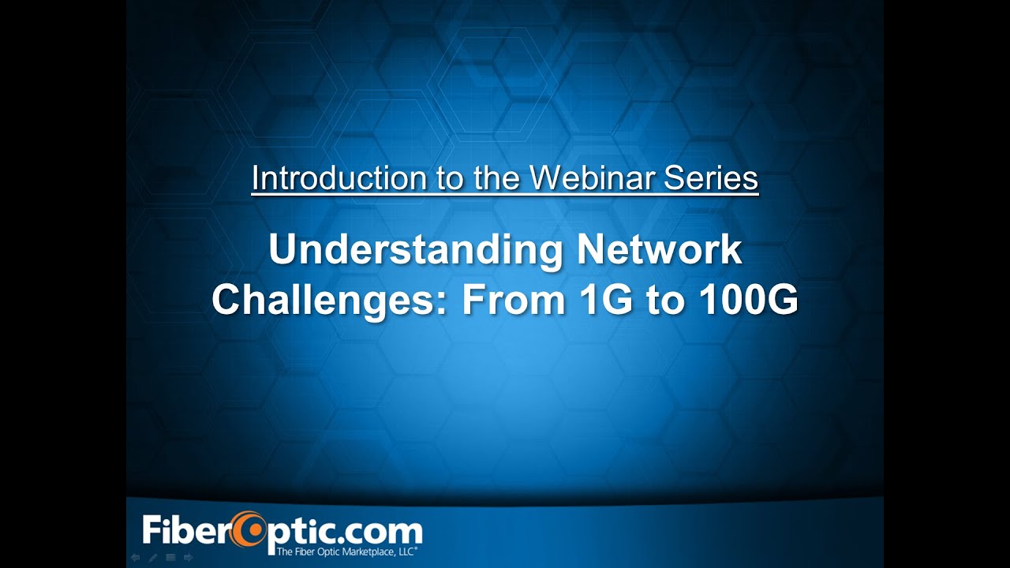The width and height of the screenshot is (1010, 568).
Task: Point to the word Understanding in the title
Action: (415, 251)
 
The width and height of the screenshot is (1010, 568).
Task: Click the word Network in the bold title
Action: (660, 251)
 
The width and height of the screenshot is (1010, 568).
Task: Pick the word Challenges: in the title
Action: (331, 301)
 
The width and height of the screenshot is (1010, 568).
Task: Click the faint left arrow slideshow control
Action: (135, 558)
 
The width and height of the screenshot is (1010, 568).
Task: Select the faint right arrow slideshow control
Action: (188, 558)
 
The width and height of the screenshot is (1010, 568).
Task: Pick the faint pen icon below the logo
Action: (152, 558)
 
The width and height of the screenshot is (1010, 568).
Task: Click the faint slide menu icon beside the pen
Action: (170, 558)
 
